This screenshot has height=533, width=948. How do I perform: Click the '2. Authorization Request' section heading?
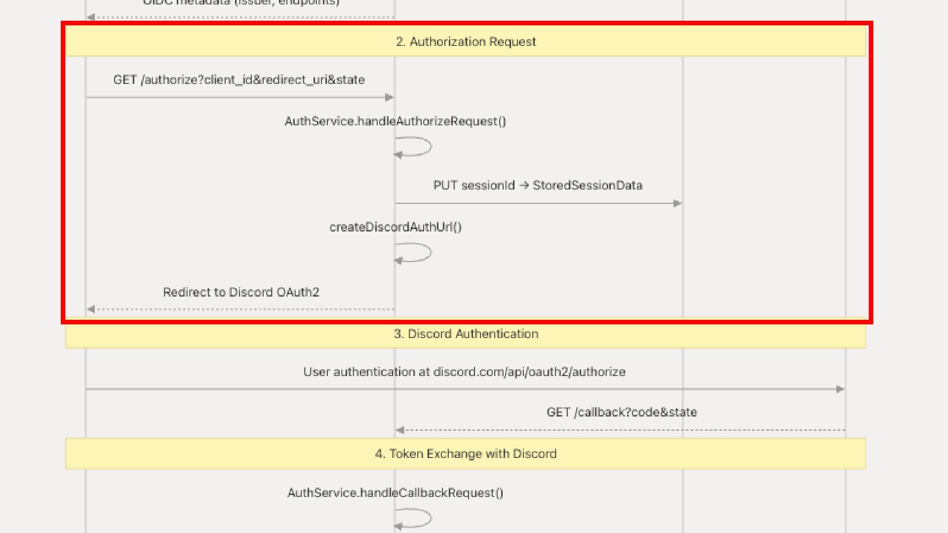[466, 41]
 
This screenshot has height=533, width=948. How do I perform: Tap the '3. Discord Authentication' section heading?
[466, 334]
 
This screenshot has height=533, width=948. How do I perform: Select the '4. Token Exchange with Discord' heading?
[466, 454]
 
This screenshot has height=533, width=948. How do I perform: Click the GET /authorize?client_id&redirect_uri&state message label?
[239, 80]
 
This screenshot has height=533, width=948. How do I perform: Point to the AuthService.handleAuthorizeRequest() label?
[395, 121]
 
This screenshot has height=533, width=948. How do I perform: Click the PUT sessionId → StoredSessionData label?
[538, 186]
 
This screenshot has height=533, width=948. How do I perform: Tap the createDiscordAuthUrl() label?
[395, 227]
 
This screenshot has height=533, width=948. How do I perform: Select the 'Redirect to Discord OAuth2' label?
[241, 292]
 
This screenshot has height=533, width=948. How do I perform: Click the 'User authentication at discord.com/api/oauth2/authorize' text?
[464, 372]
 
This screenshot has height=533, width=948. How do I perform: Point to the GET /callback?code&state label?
[622, 413]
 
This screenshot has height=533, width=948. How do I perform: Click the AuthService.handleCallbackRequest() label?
[395, 493]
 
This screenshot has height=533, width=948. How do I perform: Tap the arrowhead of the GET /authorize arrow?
[389, 98]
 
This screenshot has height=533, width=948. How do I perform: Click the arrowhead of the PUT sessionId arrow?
[677, 203]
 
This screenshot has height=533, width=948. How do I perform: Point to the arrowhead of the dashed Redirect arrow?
[91, 309]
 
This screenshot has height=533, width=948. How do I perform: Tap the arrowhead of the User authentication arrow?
[840, 389]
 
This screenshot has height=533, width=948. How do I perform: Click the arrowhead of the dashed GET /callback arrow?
[400, 430]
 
